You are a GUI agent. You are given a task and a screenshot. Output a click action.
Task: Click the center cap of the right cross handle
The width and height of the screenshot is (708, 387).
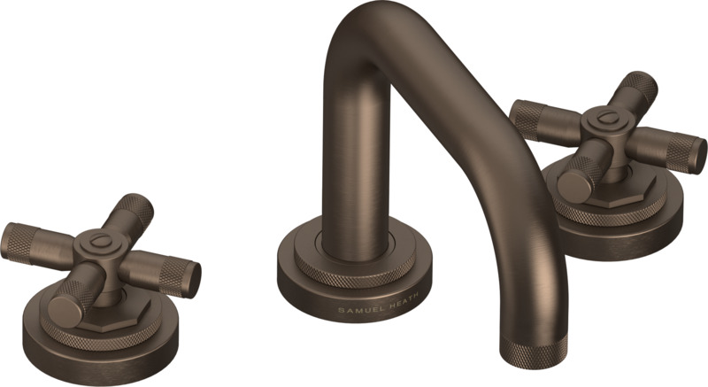coord(603,120)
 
